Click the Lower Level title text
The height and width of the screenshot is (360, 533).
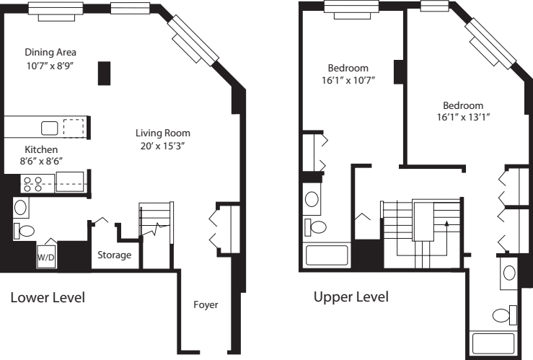(48, 297)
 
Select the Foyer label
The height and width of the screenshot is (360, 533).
(206, 305)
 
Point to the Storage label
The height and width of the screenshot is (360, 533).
(115, 255)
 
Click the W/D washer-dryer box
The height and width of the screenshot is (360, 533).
(46, 255)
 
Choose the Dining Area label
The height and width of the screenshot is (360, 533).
(50, 53)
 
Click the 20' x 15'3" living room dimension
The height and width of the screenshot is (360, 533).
(163, 146)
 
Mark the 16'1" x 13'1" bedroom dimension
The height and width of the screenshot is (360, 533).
(469, 117)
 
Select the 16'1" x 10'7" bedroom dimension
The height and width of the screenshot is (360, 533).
(349, 81)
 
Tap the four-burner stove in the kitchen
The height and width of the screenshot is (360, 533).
(32, 183)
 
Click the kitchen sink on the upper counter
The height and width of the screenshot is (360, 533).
(49, 128)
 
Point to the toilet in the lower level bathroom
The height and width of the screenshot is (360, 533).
(24, 231)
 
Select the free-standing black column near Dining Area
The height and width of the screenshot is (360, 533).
(105, 73)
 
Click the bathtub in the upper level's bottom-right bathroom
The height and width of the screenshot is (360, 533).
(493, 343)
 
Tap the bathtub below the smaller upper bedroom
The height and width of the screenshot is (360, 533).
(329, 255)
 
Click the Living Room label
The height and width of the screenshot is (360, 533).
(163, 133)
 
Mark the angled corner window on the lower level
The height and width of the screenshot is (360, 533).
(193, 38)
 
